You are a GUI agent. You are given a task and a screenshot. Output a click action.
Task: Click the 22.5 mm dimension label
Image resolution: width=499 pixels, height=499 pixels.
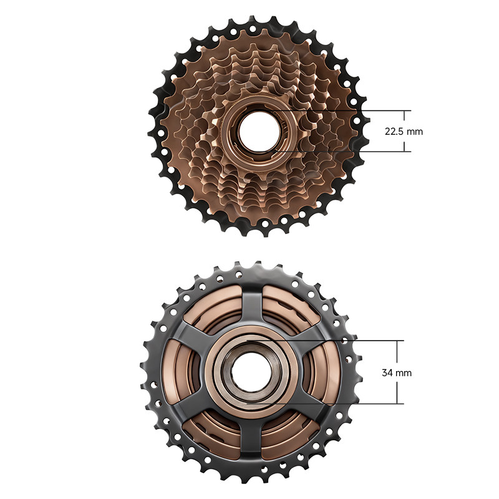[x=404, y=131]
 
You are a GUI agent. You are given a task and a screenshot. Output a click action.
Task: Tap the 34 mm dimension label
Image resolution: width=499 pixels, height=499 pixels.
[x=397, y=372]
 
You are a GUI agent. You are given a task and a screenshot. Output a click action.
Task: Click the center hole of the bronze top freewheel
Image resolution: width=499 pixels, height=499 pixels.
[x=259, y=131]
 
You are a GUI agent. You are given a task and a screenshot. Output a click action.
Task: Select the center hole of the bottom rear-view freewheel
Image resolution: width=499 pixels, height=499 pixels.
[x=252, y=372]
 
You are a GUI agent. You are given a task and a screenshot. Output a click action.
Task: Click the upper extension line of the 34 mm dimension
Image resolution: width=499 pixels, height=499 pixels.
[x=325, y=341]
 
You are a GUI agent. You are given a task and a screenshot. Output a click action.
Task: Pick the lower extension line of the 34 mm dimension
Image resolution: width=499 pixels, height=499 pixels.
[x=325, y=404]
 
